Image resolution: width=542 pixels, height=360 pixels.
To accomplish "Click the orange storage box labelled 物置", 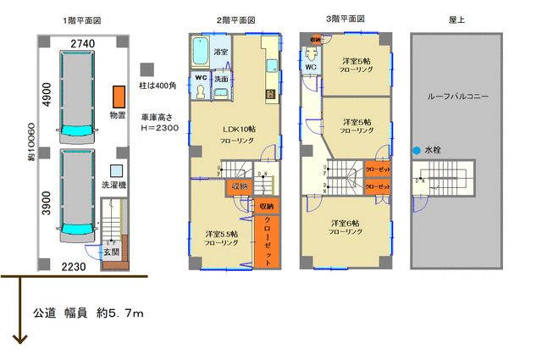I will [x=118, y=96].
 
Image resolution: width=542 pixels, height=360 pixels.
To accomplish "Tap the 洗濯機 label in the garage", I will [x=113, y=184].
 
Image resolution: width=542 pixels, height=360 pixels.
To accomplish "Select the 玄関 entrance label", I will [x=112, y=252].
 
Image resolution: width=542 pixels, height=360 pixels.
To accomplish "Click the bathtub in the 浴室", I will [x=200, y=53].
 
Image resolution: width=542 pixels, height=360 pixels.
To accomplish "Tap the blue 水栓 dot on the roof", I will [x=416, y=152].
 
